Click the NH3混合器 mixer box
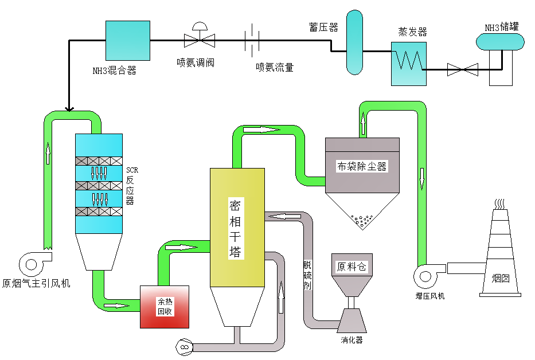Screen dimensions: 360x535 pos(128,41)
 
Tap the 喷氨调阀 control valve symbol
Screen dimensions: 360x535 pos(199,38)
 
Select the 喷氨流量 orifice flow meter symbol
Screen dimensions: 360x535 pos(252,40)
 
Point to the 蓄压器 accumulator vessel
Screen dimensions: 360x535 pos(354,43)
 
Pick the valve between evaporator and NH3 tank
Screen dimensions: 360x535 pos(462,70)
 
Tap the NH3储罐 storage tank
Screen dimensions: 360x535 pos(501,41)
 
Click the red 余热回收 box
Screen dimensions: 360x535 pos(165,307)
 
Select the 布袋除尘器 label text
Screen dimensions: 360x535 pos(362,166)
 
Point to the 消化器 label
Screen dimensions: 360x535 pos(352,340)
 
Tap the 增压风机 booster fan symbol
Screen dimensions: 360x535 pos(427,273)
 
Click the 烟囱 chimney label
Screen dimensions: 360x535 pos(501,279)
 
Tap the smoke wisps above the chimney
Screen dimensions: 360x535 pos(500,204)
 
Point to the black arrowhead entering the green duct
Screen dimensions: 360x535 pos(69,108)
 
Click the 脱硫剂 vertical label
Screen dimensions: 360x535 pos(307,275)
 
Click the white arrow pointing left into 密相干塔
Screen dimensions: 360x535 pos(284,216)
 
